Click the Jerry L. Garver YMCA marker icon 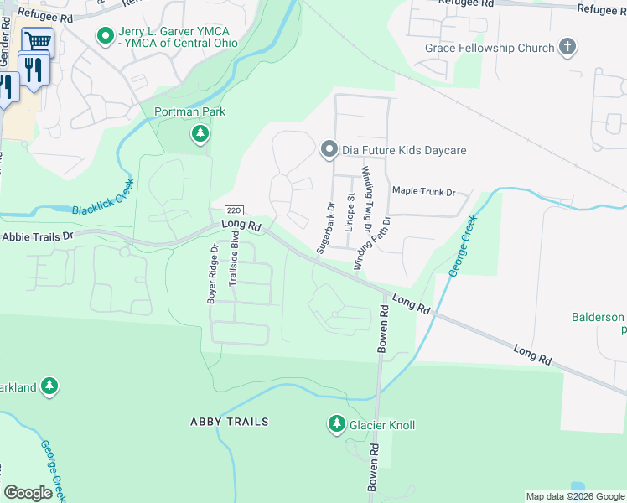106,36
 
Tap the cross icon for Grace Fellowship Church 567,47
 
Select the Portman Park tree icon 199,133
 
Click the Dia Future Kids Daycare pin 329,150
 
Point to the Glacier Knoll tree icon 337,424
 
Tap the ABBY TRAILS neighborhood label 229,422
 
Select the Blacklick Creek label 102,200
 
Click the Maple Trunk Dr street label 423,192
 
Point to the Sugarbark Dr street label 325,227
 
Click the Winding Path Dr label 373,243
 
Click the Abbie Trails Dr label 37,237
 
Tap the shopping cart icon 37,42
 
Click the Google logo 28,493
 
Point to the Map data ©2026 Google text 574,496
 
